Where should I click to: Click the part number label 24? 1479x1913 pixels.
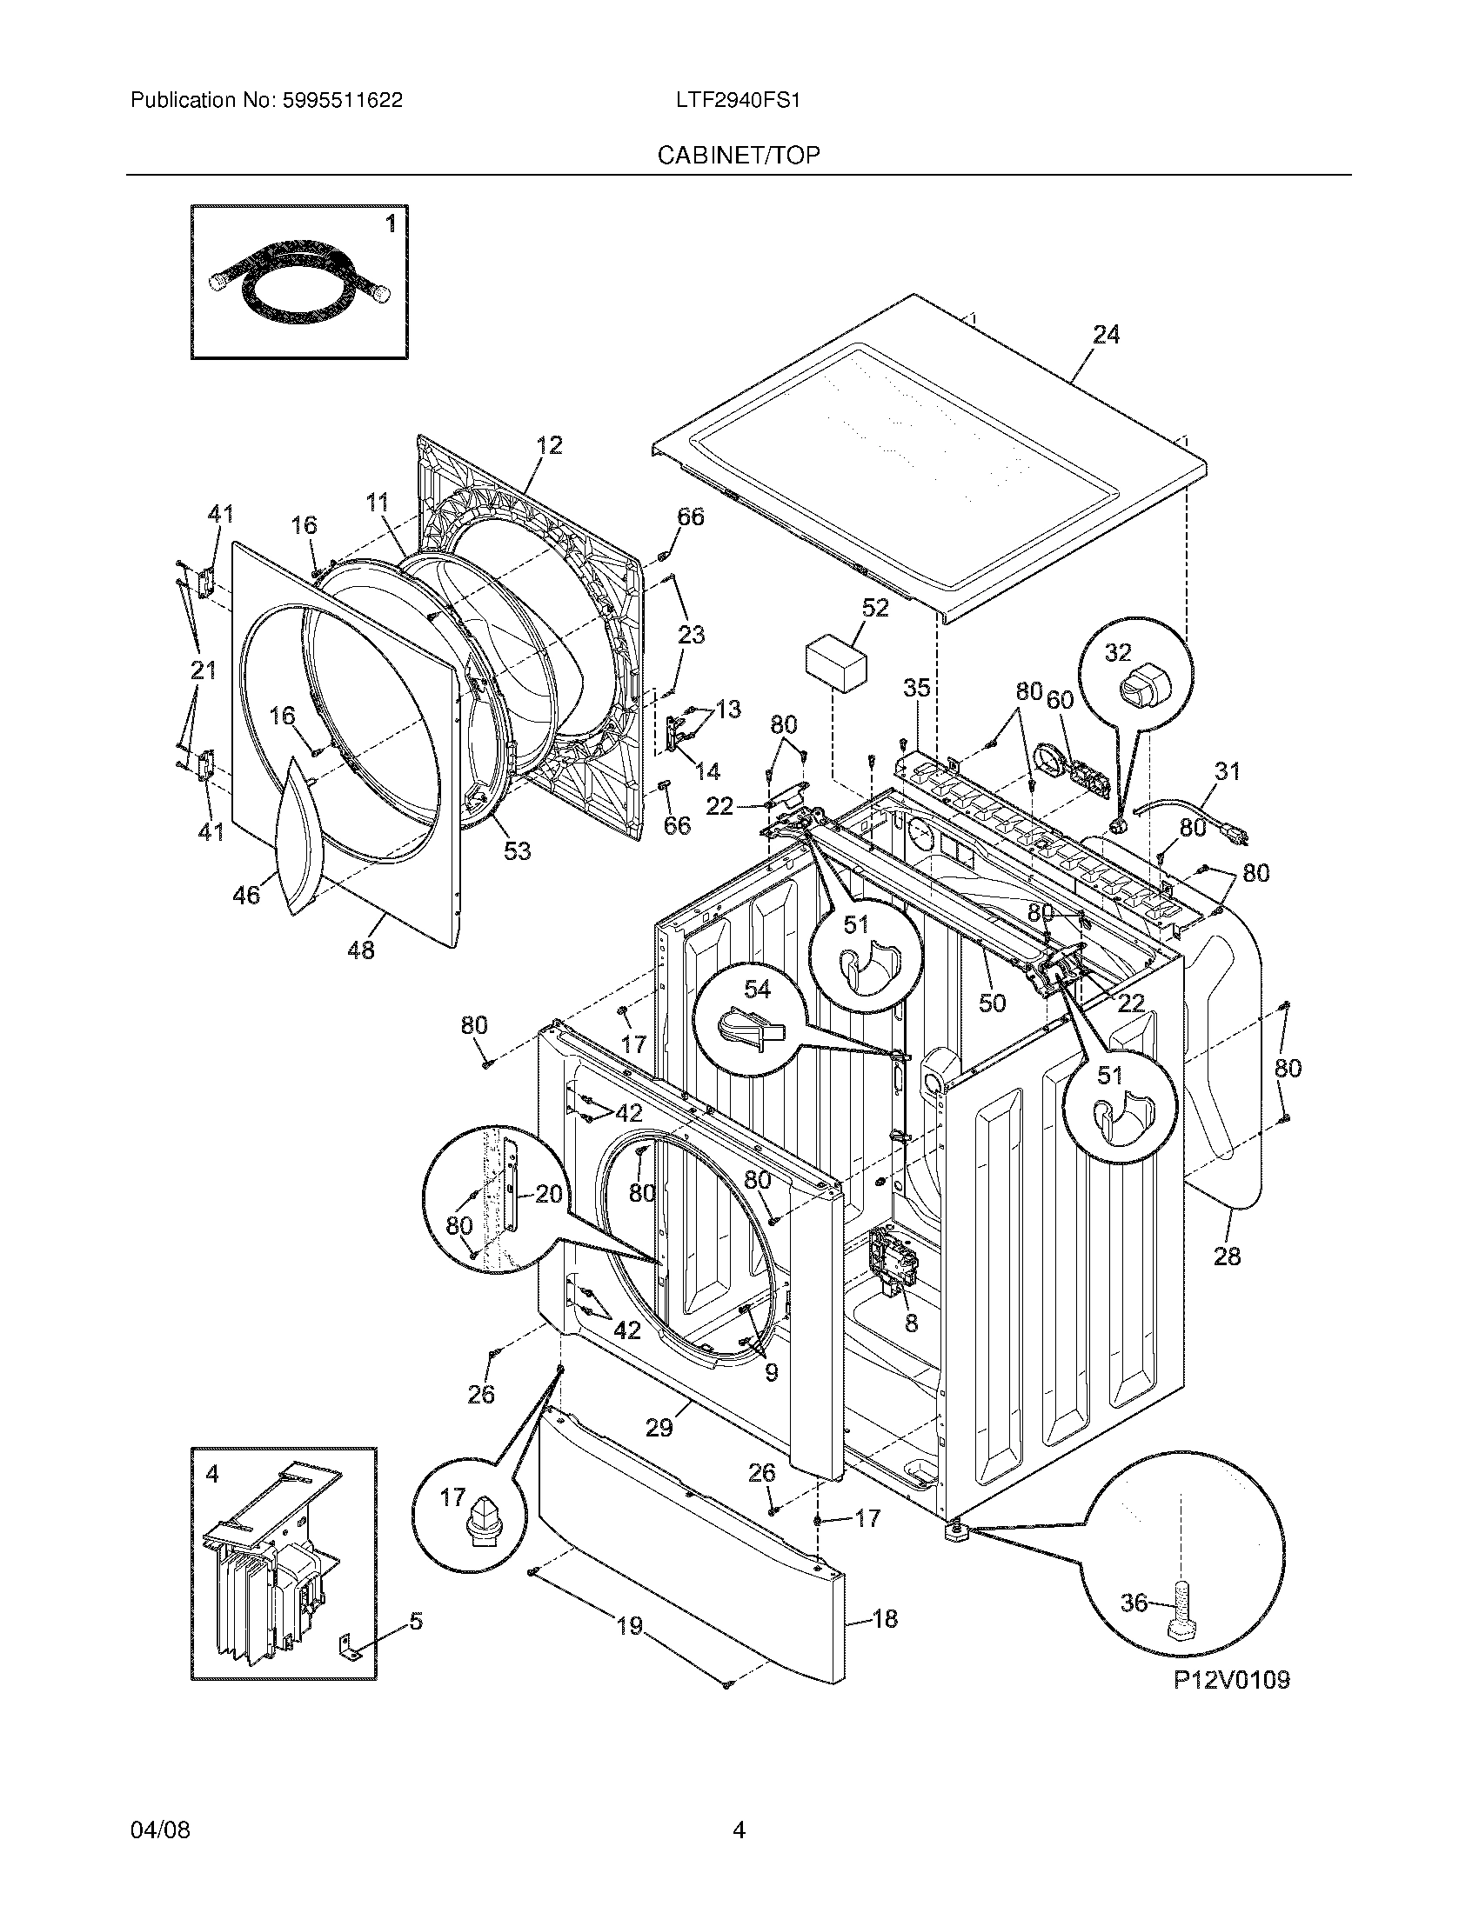[1106, 335]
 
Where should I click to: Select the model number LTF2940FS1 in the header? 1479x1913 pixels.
[738, 101]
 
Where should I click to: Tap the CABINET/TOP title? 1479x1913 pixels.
[739, 155]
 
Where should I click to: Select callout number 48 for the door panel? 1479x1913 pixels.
[360, 950]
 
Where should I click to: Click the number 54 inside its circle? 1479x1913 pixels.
[757, 989]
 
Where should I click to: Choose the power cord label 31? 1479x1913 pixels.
[1228, 771]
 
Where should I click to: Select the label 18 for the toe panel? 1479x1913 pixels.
[885, 1619]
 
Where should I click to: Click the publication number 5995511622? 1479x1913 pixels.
[342, 101]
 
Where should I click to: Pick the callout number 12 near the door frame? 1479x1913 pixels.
[548, 445]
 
